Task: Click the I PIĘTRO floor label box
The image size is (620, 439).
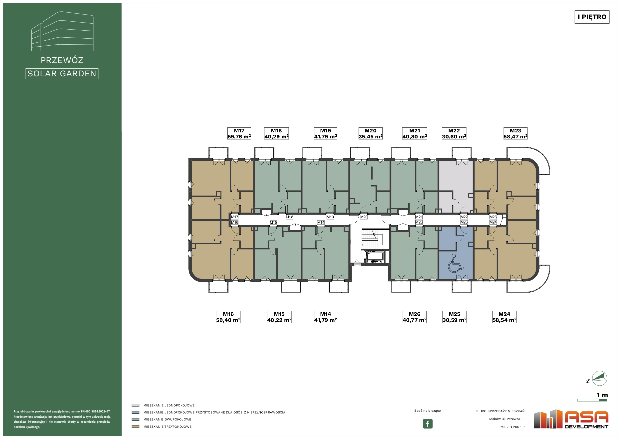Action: click(592, 17)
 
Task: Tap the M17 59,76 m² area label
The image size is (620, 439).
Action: click(239, 133)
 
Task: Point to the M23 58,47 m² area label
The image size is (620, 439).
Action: click(515, 133)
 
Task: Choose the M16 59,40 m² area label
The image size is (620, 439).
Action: click(228, 317)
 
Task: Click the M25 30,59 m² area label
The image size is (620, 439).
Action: click(455, 317)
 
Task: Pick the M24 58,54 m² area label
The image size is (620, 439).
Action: click(505, 317)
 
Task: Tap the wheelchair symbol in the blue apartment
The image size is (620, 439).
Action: click(456, 263)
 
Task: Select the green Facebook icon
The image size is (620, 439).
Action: click(428, 423)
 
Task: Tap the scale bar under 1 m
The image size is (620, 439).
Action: click(592, 400)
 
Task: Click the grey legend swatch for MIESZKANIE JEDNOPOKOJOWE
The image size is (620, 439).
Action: click(135, 405)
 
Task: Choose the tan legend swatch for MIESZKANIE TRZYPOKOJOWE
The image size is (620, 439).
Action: click(135, 426)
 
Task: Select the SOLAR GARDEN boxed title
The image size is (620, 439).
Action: click(62, 74)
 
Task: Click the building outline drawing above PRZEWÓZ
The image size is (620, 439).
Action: click(62, 31)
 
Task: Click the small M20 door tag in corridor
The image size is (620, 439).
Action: click(364, 217)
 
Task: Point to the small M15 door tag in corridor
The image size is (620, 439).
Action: click(273, 222)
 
